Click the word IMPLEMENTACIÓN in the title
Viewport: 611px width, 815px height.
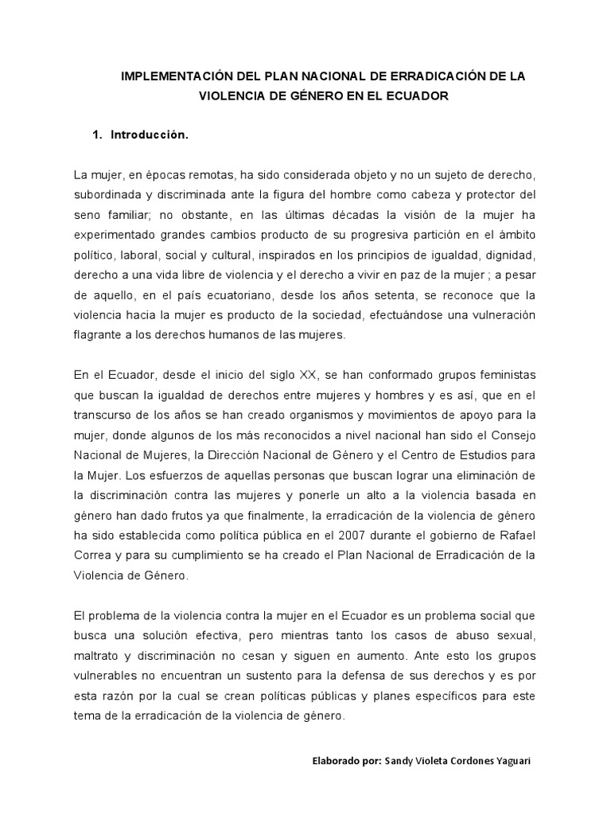169,78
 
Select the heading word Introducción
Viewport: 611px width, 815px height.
150,135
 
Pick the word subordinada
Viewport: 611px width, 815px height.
107,194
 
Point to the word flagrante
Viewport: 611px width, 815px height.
100,335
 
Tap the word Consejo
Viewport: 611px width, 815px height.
511,435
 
